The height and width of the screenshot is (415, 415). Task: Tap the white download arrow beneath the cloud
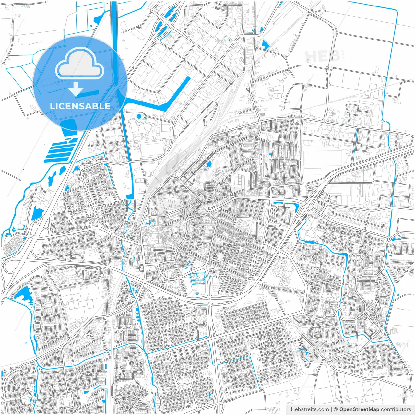(x=76, y=89)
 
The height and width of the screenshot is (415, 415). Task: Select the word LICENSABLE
(x=80, y=106)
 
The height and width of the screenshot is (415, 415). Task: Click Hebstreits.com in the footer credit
(x=310, y=409)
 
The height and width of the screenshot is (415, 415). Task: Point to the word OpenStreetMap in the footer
(x=359, y=409)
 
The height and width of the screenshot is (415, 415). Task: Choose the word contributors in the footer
(x=396, y=409)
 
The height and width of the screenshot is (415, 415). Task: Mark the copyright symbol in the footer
(x=336, y=409)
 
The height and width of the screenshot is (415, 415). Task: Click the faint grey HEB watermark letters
(x=322, y=56)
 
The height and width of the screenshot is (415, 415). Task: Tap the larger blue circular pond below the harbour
(x=139, y=116)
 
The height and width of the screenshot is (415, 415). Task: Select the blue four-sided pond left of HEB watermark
(x=265, y=45)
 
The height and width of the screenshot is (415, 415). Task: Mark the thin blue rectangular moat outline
(x=197, y=279)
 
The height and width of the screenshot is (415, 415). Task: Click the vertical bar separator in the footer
(x=331, y=409)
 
